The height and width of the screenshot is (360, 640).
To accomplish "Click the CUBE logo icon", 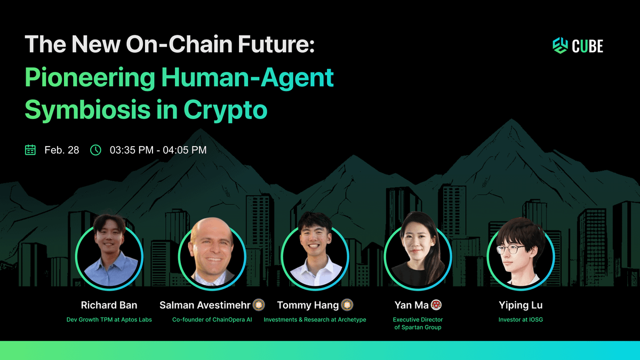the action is click(560, 45).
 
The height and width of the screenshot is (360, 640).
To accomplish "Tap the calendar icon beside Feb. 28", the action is click(30, 150).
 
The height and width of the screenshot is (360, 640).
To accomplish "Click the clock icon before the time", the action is click(95, 150).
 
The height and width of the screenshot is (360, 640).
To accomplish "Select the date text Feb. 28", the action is click(62, 150).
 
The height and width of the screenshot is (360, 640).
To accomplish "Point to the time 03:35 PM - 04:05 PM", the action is click(158, 150).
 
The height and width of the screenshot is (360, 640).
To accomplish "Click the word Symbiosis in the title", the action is click(87, 110).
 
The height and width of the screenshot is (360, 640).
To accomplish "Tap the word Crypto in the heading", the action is click(226, 110).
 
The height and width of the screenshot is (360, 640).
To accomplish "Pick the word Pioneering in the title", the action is click(90, 78).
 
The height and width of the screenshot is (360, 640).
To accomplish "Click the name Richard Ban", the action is click(109, 305).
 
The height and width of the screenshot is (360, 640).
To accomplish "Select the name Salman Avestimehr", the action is click(205, 305).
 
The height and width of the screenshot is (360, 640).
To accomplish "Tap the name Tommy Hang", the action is click(308, 306).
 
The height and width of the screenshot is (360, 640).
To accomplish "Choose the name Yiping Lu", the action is click(521, 306).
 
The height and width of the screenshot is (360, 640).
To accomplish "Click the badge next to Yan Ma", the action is click(436, 305).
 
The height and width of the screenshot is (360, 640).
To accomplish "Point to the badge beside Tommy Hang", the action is click(347, 305).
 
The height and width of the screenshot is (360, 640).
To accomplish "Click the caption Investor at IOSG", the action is click(521, 319).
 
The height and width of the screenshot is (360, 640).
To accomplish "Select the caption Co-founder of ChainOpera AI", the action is click(212, 319).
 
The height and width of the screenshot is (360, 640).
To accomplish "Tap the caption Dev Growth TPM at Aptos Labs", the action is click(109, 319).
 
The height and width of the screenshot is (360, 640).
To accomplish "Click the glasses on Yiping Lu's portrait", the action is click(511, 250).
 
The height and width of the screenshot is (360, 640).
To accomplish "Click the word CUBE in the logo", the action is click(587, 46).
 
